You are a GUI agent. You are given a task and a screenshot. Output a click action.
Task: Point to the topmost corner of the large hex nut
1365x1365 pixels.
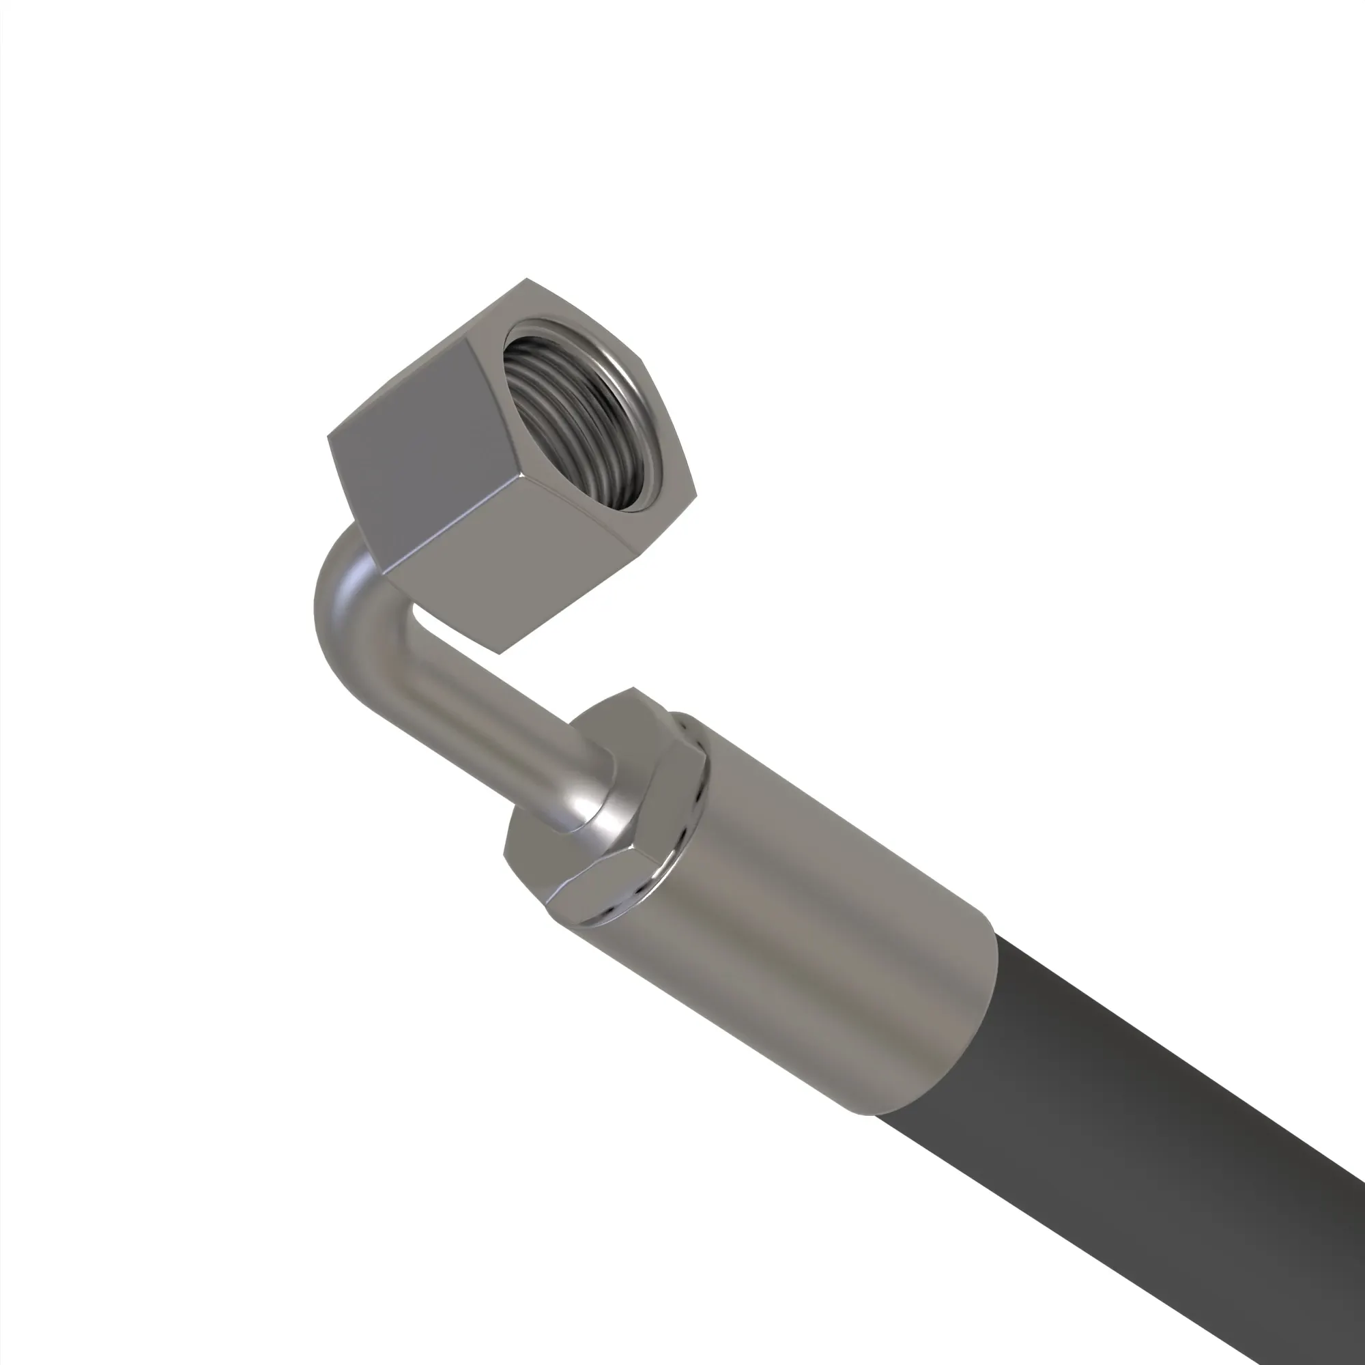click(x=526, y=279)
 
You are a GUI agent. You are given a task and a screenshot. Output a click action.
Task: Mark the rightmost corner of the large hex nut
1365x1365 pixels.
click(x=696, y=498)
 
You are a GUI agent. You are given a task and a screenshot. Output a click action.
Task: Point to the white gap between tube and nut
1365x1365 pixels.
click(x=424, y=622)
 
